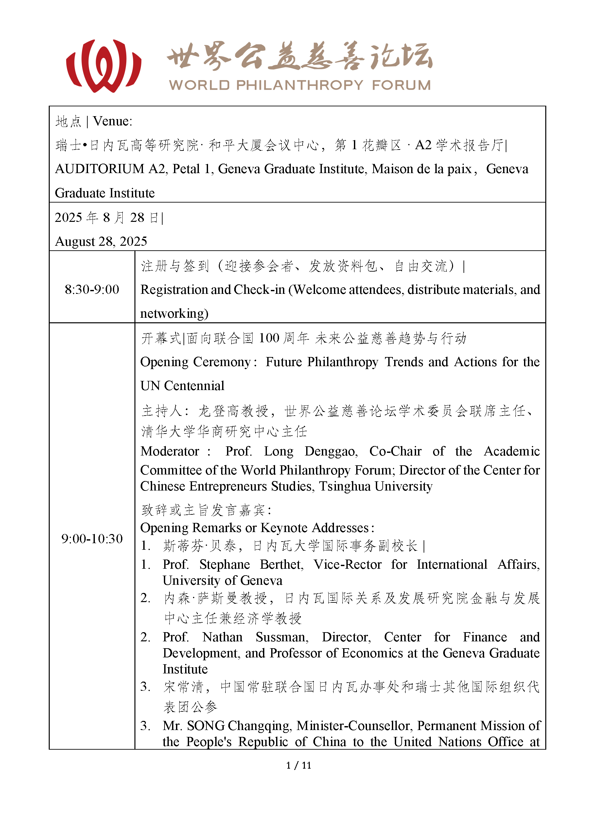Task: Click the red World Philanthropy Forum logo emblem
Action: (104, 66)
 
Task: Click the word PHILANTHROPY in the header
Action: (299, 85)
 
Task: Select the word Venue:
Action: (113, 121)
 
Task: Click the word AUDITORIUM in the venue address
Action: (100, 169)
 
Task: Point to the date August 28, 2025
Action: (101, 241)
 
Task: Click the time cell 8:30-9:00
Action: (92, 290)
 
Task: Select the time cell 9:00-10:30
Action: (92, 539)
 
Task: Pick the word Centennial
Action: (194, 386)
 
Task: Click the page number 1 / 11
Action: (299, 765)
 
